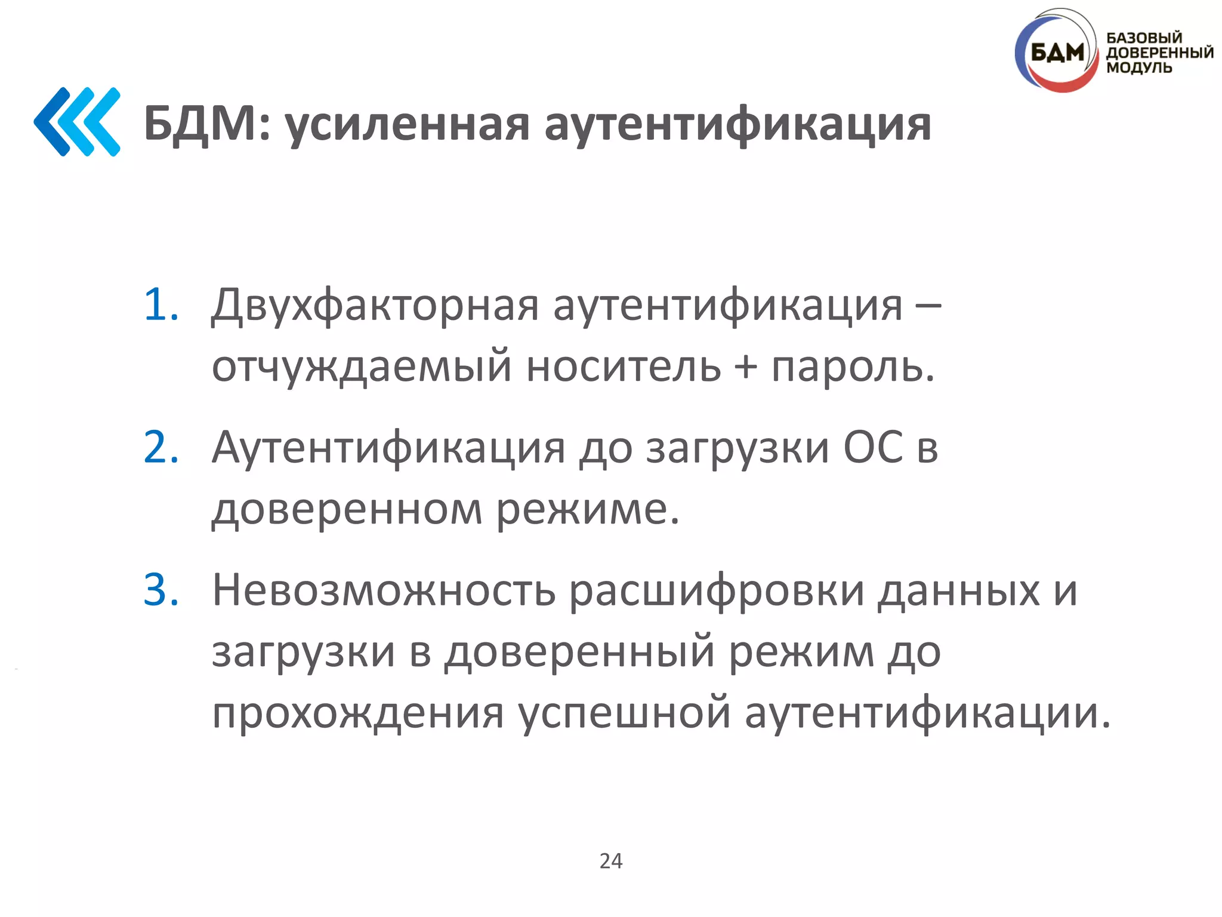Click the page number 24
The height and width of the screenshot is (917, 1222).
(611, 861)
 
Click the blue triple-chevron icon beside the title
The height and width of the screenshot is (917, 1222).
(78, 122)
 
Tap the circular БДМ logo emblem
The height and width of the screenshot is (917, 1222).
(1056, 53)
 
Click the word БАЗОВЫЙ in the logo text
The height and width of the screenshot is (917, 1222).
(1144, 38)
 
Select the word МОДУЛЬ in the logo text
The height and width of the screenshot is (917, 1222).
(1139, 67)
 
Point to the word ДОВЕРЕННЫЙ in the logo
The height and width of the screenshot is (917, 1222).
(1160, 53)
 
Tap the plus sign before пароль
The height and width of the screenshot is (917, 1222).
(745, 365)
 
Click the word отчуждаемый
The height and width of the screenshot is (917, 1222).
(362, 367)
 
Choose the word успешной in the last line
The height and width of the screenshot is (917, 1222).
(624, 713)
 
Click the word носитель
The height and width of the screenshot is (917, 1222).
(623, 365)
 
